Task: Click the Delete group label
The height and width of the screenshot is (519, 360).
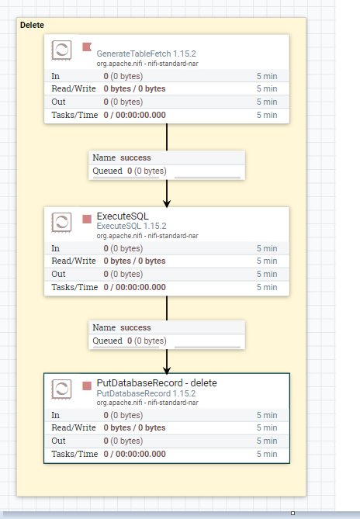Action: pyautogui.click(x=32, y=25)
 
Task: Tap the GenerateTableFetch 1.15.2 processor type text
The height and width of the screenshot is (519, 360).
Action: pyautogui.click(x=146, y=54)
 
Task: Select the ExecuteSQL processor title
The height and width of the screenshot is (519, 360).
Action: pyautogui.click(x=123, y=216)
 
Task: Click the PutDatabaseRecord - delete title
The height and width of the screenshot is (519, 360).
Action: pyautogui.click(x=157, y=383)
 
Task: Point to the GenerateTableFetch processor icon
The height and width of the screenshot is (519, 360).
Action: pyautogui.click(x=61, y=50)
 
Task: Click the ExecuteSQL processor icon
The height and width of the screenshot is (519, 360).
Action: pyautogui.click(x=61, y=223)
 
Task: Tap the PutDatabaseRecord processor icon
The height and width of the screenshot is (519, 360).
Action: pyautogui.click(x=61, y=389)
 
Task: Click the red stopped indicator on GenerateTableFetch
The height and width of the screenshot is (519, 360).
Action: pyautogui.click(x=87, y=47)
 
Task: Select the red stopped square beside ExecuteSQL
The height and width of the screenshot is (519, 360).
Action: pyautogui.click(x=87, y=219)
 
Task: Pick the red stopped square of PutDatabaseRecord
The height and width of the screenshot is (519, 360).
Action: pyautogui.click(x=87, y=386)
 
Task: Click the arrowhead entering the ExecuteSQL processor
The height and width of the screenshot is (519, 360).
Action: pyautogui.click(x=167, y=203)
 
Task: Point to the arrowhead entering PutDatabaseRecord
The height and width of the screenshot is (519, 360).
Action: pyautogui.click(x=167, y=370)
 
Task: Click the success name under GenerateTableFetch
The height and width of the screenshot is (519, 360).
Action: pyautogui.click(x=135, y=157)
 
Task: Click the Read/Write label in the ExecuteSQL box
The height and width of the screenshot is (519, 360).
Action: pyautogui.click(x=74, y=261)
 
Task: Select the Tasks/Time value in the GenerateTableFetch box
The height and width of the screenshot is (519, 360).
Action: pyautogui.click(x=135, y=115)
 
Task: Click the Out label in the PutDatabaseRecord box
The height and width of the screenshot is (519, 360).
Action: pyautogui.click(x=58, y=441)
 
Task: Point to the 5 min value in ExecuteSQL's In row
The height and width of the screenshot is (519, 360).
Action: pyautogui.click(x=267, y=248)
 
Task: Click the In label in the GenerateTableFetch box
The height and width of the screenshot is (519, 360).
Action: pyautogui.click(x=56, y=76)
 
